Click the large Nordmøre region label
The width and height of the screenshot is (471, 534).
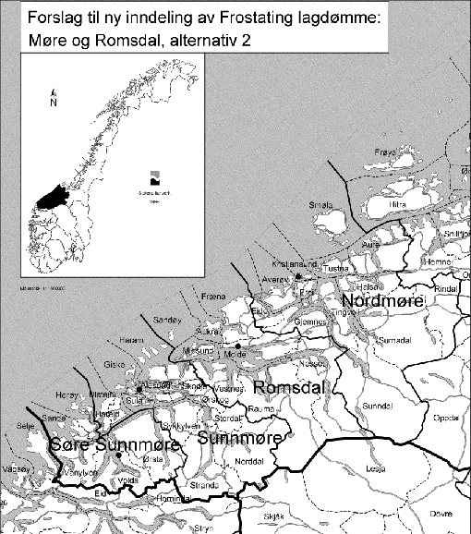point(381,302)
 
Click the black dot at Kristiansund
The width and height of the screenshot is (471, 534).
point(298,275)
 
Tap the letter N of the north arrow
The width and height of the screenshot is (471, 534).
point(54,103)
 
